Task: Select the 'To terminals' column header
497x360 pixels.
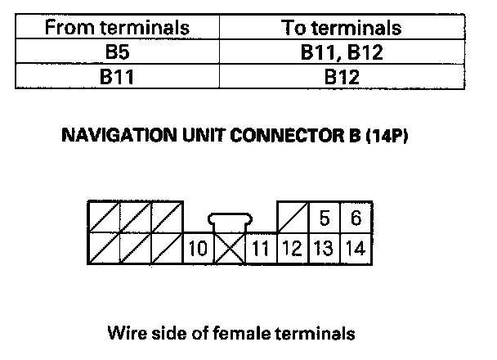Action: click(342, 27)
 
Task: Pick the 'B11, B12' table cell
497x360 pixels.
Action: click(342, 55)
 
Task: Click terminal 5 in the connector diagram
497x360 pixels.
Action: click(324, 219)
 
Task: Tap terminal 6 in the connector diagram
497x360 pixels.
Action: click(355, 219)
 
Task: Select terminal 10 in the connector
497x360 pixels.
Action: click(197, 247)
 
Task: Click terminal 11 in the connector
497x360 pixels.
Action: click(262, 247)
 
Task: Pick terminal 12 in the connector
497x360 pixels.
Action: click(292, 247)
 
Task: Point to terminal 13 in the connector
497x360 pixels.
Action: click(324, 247)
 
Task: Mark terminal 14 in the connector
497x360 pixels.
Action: click(355, 247)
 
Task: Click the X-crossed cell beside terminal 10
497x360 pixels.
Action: click(229, 247)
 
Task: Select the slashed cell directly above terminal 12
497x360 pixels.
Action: click(292, 219)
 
